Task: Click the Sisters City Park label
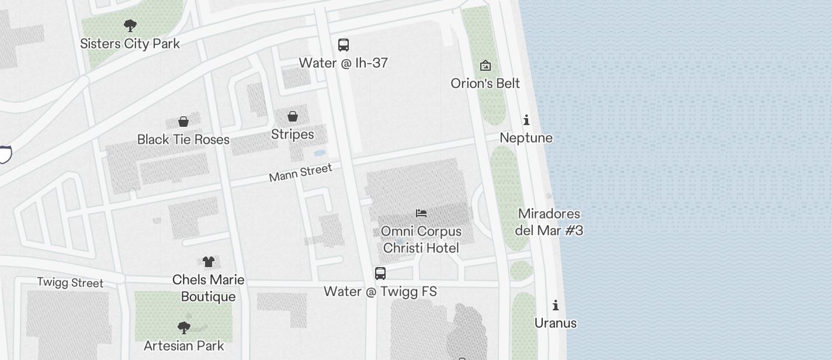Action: (x=130, y=43)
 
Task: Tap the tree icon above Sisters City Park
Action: (x=130, y=25)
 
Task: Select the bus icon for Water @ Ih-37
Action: (x=344, y=44)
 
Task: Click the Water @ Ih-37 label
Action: (x=344, y=63)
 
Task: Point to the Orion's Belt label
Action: (x=485, y=83)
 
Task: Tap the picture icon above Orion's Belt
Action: (x=485, y=65)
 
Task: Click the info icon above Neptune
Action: (x=526, y=120)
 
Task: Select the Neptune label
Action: (x=526, y=138)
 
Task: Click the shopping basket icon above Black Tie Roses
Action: (x=183, y=122)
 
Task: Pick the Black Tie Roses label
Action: (x=183, y=139)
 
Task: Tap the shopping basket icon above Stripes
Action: (x=293, y=116)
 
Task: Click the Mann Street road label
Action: (x=300, y=173)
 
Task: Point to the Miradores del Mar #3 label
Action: (x=549, y=222)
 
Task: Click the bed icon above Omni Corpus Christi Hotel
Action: (x=421, y=213)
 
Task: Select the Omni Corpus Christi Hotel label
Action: (x=421, y=240)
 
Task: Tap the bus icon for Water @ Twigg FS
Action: (x=380, y=273)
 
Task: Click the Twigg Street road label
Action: (x=70, y=283)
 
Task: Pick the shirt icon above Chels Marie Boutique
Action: (x=209, y=261)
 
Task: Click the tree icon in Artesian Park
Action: (x=184, y=327)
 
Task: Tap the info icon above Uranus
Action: (x=556, y=305)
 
